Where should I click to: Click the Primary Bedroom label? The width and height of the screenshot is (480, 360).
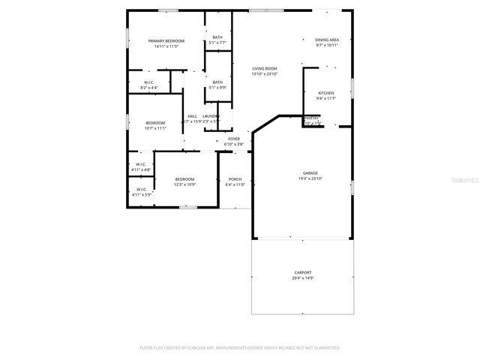coord(166,40)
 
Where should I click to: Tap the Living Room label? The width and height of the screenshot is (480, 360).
coord(264,68)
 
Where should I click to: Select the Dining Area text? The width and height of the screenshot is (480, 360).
coord(327,40)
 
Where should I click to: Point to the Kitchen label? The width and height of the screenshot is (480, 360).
coord(326,93)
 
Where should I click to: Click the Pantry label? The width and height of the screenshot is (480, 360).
coord(311,118)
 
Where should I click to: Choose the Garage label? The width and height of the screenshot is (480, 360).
coord(310,173)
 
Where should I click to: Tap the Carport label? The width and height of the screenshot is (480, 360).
coord(303,273)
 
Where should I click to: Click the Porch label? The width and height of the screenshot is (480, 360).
coord(235,179)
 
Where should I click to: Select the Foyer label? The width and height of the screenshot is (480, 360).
coord(234,139)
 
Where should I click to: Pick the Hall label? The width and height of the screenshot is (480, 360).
coord(193,115)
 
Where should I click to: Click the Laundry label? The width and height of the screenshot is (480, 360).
coord(211,115)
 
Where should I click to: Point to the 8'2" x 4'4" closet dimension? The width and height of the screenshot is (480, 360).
coord(149,87)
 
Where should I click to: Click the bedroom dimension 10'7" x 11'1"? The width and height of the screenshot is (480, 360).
coord(155,127)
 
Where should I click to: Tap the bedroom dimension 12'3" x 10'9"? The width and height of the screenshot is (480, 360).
coord(184,184)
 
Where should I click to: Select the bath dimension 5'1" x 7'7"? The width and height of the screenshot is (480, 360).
coord(217,43)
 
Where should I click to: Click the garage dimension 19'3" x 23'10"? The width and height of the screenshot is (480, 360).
coord(310,178)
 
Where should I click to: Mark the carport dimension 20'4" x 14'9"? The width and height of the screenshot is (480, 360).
coord(303,278)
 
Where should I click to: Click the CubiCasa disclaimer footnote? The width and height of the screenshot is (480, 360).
coord(240,348)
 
